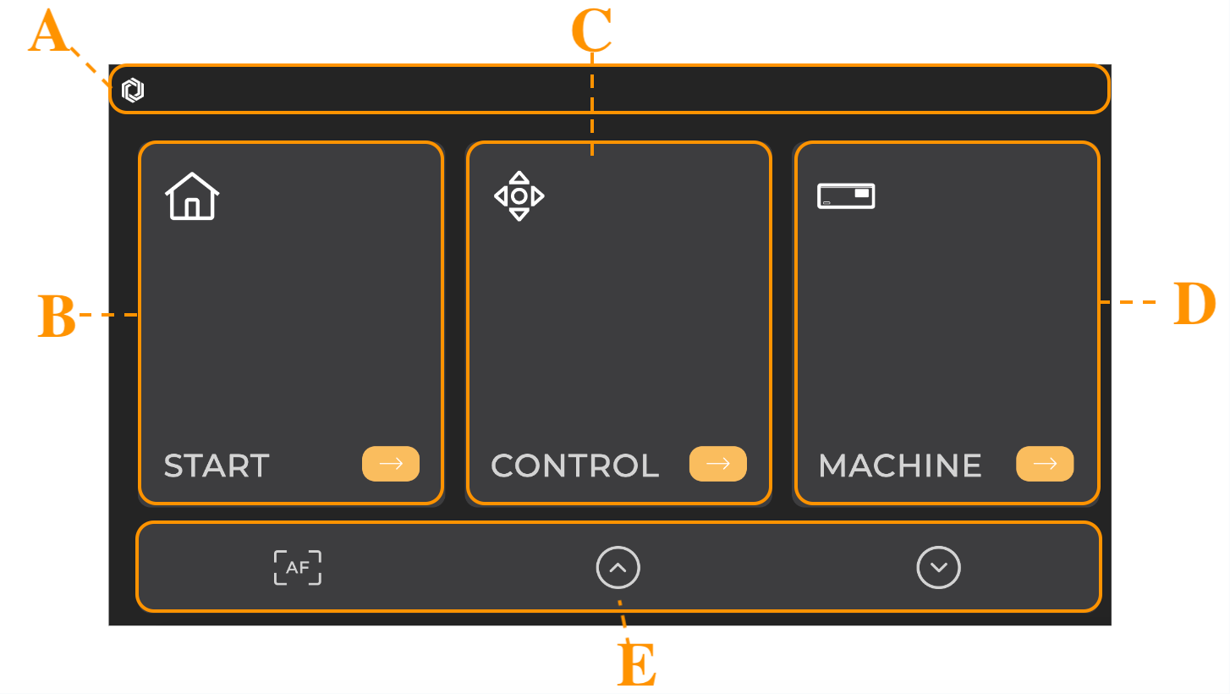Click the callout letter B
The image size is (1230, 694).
pos(57,318)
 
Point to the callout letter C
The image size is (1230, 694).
pos(590,31)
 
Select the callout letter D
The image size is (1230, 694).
pos(1194,305)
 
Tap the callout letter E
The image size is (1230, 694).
pos(637,665)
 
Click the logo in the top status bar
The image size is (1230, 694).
pos(133,90)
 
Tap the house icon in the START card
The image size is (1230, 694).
pos(192,196)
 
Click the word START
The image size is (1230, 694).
pos(217,465)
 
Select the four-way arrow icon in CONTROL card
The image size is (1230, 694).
pos(519,196)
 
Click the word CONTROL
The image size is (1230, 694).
pos(574,465)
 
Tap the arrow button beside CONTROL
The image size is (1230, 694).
pos(717,464)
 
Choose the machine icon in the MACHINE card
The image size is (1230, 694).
pos(846,196)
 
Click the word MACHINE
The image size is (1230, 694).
pos(900,465)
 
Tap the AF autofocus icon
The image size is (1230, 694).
pos(298,567)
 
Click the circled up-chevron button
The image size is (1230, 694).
pos(618,567)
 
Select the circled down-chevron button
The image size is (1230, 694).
pos(939,567)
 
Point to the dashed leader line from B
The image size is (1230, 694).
pos(108,315)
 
